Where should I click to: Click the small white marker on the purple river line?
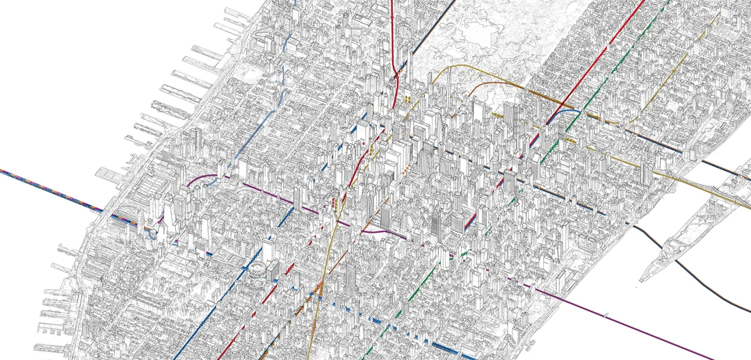point(608,316)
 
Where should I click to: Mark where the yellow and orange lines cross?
point(318,292)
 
